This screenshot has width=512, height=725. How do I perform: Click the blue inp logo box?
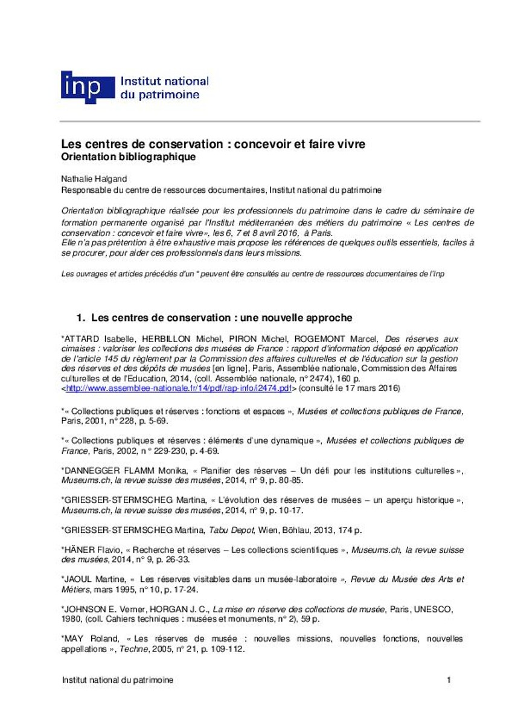(x=87, y=86)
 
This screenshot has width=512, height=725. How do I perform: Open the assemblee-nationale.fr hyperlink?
(x=179, y=387)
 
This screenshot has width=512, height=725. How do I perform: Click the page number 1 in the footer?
(x=449, y=680)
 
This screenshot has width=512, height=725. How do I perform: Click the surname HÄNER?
(x=78, y=550)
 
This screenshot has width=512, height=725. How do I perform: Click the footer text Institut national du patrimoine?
(x=118, y=680)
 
